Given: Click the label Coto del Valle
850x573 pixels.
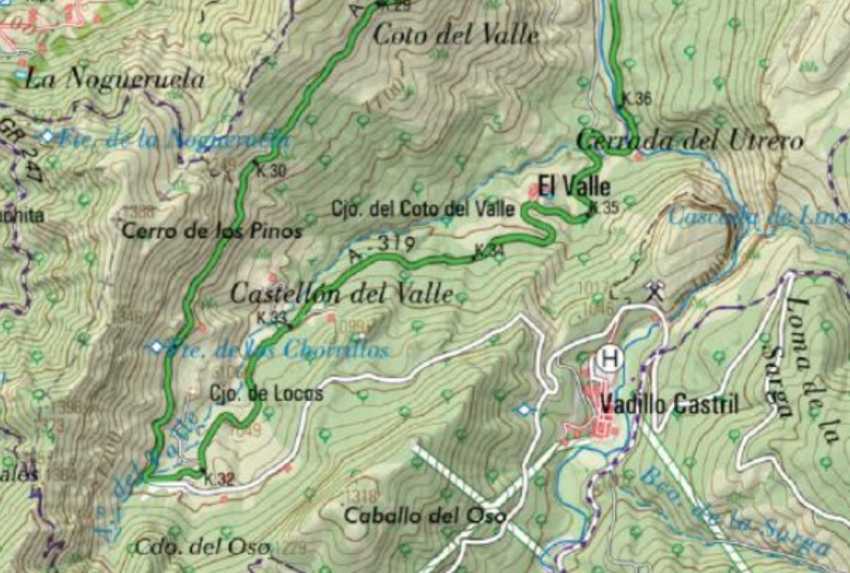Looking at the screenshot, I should click(x=456, y=36).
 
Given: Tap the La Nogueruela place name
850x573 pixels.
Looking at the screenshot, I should click(x=115, y=79).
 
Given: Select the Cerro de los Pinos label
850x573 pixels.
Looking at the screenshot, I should click(x=212, y=231).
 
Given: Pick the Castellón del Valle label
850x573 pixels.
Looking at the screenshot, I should click(x=342, y=294).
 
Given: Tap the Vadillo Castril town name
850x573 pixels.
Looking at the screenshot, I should click(x=669, y=406).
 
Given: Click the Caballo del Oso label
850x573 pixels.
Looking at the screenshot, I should click(x=424, y=516).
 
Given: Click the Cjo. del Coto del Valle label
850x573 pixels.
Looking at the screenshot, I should click(x=422, y=208).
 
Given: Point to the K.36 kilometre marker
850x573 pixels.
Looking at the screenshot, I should click(x=637, y=99).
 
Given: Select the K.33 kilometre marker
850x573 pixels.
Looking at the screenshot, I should click(x=271, y=318).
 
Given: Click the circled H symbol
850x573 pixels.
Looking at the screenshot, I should click(x=609, y=358).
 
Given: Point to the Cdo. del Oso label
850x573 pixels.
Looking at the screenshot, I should click(x=202, y=547).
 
